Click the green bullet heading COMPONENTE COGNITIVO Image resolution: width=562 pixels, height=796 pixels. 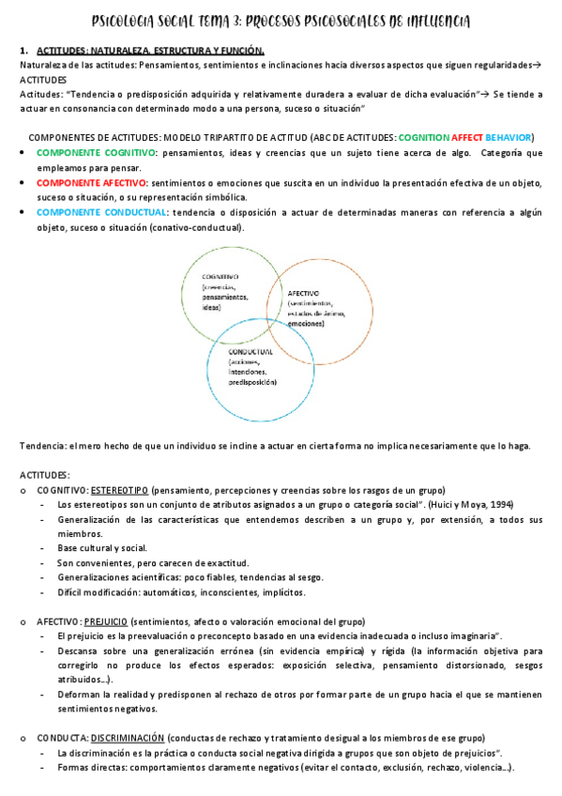91,152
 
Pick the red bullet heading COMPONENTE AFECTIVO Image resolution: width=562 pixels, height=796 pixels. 87,183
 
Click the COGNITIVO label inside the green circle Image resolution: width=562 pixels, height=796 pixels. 220,277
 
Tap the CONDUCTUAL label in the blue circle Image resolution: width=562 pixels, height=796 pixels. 250,350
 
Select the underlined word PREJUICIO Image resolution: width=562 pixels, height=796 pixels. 105,621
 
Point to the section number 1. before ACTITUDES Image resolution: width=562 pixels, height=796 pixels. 23,50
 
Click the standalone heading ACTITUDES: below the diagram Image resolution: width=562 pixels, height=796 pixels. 44,476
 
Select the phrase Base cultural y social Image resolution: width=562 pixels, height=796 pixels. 101,548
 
